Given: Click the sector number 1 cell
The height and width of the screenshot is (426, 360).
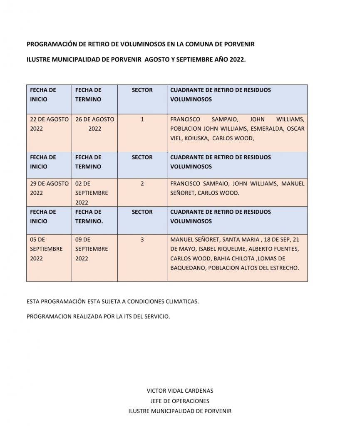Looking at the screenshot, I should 142,119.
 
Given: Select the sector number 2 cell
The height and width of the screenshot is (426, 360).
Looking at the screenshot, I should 142,183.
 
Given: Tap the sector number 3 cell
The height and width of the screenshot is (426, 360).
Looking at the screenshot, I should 142,240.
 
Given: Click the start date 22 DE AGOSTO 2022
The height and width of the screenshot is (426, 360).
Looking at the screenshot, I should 49,124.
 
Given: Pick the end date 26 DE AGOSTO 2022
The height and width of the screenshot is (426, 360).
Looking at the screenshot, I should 95,124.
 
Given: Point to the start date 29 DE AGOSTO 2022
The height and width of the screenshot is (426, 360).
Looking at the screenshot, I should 49,188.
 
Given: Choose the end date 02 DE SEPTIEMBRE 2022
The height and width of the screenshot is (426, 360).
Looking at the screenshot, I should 92,193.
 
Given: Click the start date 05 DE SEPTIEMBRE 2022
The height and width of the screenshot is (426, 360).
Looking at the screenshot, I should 46,249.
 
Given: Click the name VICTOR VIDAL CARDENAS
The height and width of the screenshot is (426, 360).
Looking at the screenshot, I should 180,391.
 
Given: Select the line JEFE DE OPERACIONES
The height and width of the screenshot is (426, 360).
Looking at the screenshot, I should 180,401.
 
